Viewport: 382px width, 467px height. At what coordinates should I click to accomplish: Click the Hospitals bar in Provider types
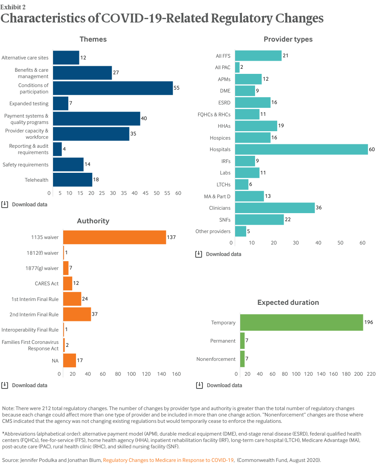point(301,149)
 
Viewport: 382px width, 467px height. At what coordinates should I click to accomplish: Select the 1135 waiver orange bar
point(115,237)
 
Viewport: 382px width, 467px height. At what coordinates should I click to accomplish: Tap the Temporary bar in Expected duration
point(301,323)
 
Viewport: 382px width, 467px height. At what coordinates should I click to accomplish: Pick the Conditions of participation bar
point(113,88)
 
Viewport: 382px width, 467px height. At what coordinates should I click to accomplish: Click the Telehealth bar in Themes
point(73,180)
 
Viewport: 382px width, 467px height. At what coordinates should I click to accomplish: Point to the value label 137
point(171,237)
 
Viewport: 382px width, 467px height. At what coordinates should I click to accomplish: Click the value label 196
point(368,323)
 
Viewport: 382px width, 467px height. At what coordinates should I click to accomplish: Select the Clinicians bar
point(275,208)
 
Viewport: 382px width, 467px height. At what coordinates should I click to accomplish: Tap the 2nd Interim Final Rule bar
point(77,314)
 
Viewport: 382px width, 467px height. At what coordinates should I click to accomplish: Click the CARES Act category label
point(47,283)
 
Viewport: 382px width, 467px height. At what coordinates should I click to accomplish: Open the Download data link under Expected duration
point(219,385)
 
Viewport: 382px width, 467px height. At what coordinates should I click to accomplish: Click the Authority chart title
point(93,221)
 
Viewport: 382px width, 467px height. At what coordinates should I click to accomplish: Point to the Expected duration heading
point(288,302)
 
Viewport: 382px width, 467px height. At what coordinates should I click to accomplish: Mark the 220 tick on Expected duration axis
point(371,374)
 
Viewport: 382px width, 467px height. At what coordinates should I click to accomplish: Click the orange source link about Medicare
point(169,460)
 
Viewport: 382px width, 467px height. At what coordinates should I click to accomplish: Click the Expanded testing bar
point(61,103)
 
